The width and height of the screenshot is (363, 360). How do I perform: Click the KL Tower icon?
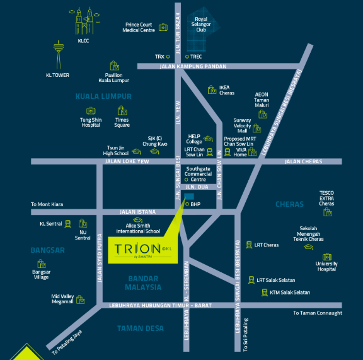pyautogui.click(x=59, y=55)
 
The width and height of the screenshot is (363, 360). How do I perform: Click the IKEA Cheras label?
pyautogui.click(x=226, y=90)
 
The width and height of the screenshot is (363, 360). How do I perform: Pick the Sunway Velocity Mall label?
pyautogui.click(x=242, y=125)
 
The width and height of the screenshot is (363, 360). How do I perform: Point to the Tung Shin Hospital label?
pyautogui.click(x=90, y=122)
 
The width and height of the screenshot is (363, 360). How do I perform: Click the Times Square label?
pyautogui.click(x=122, y=122)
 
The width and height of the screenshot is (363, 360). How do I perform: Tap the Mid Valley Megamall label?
pyautogui.click(x=62, y=298)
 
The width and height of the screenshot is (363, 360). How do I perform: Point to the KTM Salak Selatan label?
pyautogui.click(x=290, y=292)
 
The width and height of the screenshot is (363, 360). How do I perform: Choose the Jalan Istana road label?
pyautogui.click(x=137, y=212)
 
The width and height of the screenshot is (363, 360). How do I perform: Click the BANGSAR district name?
pyautogui.click(x=47, y=250)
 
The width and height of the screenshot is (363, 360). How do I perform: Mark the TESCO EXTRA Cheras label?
pyautogui.click(x=326, y=198)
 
